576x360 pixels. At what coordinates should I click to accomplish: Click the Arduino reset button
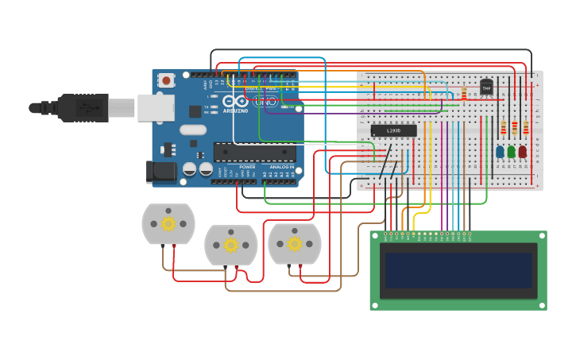pyautogui.click(x=166, y=79)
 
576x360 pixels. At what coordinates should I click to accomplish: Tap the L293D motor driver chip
pyautogui.click(x=393, y=130)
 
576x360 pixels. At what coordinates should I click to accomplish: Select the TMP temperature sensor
pyautogui.click(x=486, y=87)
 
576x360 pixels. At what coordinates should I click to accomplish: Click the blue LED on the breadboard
pyautogui.click(x=500, y=151)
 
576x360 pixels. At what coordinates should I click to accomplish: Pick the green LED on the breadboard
pyautogui.click(x=511, y=151)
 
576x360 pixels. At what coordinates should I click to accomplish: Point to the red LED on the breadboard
pyautogui.click(x=522, y=151)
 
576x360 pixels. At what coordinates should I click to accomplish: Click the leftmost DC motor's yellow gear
pyautogui.click(x=168, y=224)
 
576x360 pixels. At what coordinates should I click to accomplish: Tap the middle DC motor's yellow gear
pyautogui.click(x=231, y=245)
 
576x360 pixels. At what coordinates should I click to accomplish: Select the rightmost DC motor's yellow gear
pyautogui.click(x=295, y=243)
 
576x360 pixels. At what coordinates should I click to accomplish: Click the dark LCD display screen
pyautogui.click(x=458, y=270)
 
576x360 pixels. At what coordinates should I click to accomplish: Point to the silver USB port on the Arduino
pyautogui.click(x=156, y=107)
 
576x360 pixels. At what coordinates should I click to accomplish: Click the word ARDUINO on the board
pyautogui.click(x=235, y=110)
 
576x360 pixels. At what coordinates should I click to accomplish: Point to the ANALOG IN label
pyautogui.click(x=281, y=167)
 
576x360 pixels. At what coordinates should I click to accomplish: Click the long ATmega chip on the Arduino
pyautogui.click(x=254, y=152)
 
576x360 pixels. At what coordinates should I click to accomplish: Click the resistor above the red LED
pyautogui.click(x=525, y=126)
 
